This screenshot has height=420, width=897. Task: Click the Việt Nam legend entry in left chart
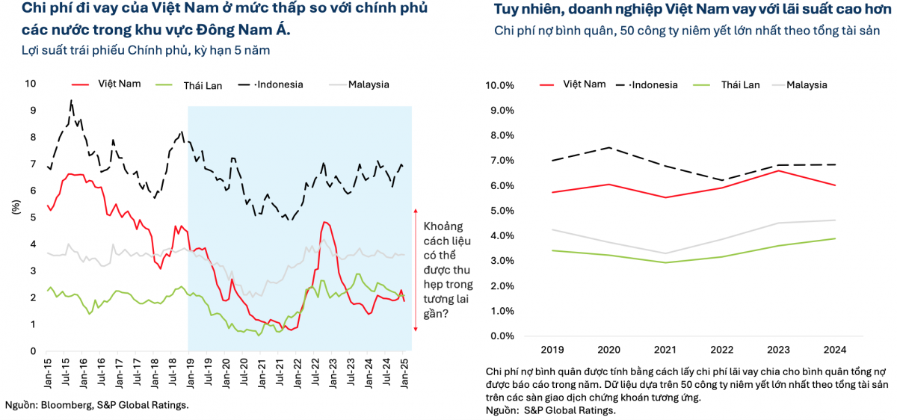(115, 84)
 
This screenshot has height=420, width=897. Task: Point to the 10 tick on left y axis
(31, 84)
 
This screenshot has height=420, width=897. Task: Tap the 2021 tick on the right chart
(665, 349)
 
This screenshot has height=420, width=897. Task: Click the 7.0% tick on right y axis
(499, 160)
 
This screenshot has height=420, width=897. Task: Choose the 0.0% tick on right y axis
(499, 336)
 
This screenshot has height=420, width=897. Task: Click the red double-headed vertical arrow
(416, 271)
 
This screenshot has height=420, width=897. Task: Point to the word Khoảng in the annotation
(444, 226)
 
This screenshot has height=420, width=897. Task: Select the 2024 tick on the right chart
(834, 349)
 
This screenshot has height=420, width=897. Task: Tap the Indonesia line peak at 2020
(608, 147)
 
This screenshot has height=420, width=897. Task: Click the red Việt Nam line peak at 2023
(778, 170)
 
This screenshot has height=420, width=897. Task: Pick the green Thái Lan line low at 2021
(665, 262)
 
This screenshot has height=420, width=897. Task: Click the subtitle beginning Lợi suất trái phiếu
(145, 50)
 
